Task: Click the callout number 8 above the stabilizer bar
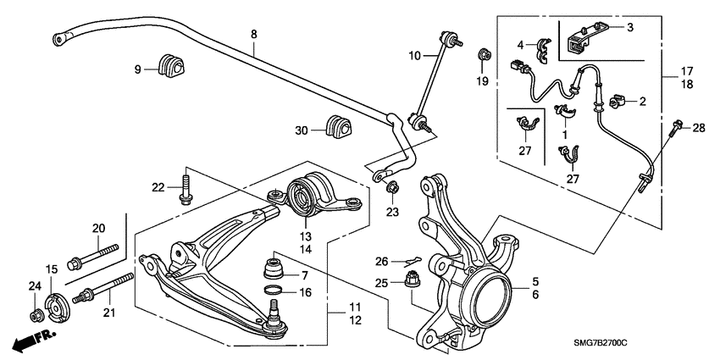pyautogui.click(x=254, y=34)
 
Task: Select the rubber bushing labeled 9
pyautogui.click(x=171, y=66)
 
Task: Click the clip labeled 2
pyautogui.click(x=618, y=102)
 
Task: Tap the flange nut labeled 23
pyautogui.click(x=392, y=187)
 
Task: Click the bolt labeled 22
pyautogui.click(x=186, y=190)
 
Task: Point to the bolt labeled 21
pyautogui.click(x=102, y=288)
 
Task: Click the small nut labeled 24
pyautogui.click(x=36, y=316)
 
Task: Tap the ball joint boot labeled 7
pyautogui.click(x=274, y=269)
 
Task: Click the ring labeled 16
pyautogui.click(x=274, y=291)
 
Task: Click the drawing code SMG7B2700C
pyautogui.click(x=600, y=343)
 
